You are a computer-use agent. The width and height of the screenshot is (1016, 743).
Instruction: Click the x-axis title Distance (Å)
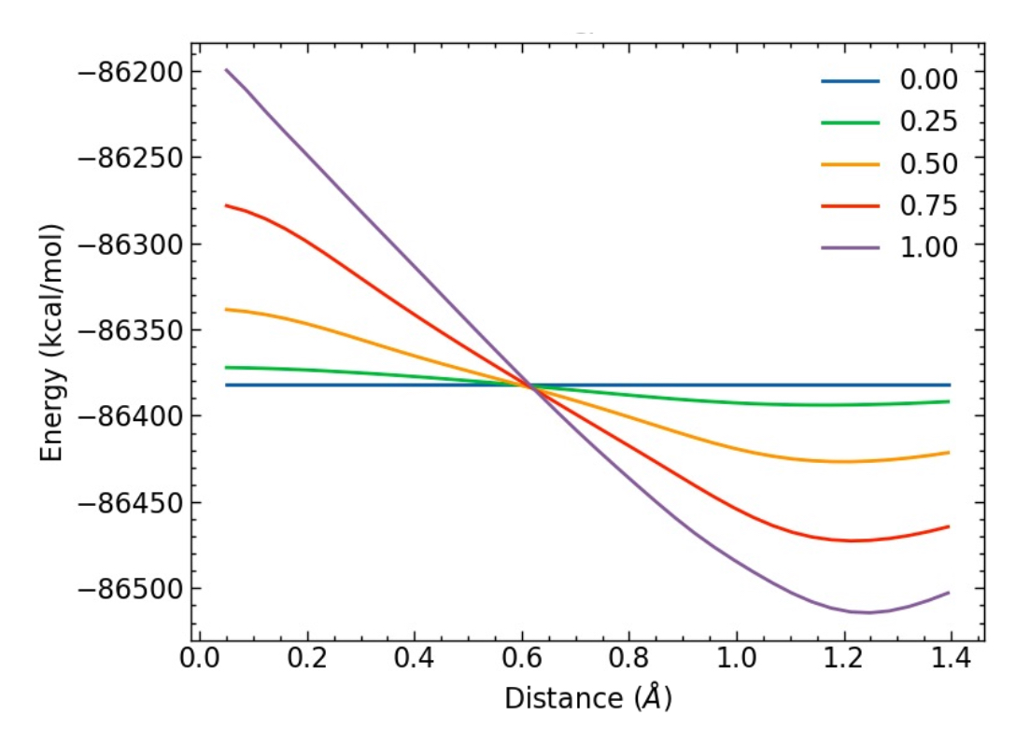tap(587, 698)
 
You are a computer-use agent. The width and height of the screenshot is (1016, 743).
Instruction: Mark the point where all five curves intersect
tap(530, 385)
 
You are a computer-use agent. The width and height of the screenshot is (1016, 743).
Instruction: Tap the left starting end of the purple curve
tap(226, 70)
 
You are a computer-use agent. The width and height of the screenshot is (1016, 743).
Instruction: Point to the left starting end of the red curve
tap(226, 205)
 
